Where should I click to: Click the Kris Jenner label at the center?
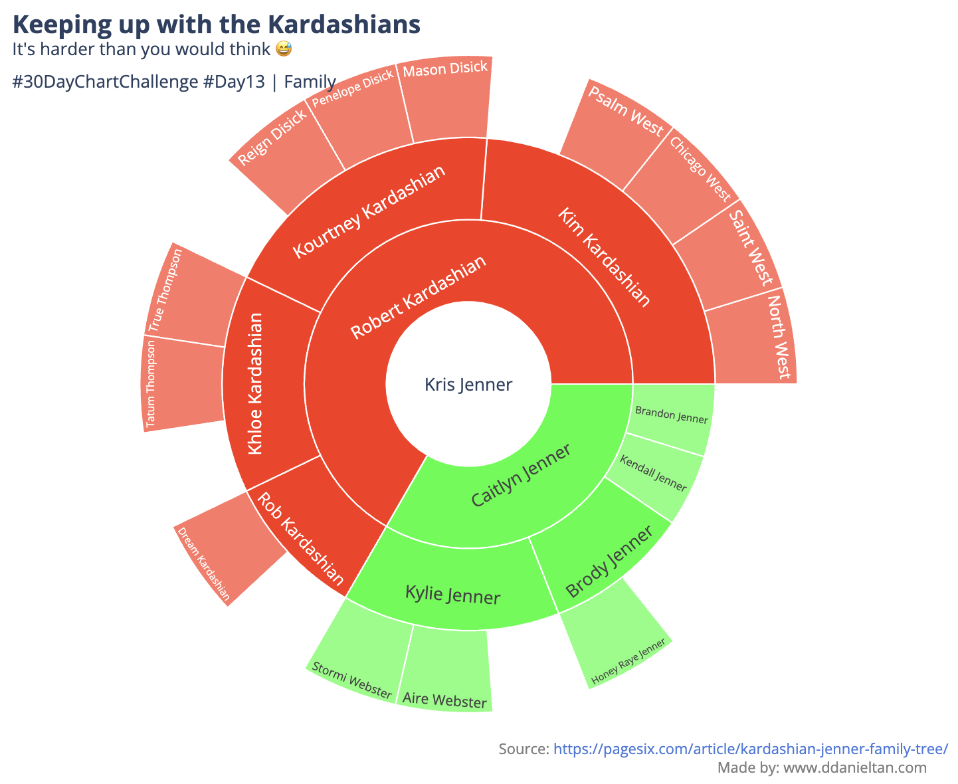click(468, 384)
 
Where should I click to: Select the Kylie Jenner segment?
click(452, 586)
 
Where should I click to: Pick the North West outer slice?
click(754, 338)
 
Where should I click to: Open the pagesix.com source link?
click(751, 749)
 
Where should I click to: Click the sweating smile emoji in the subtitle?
click(284, 49)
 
